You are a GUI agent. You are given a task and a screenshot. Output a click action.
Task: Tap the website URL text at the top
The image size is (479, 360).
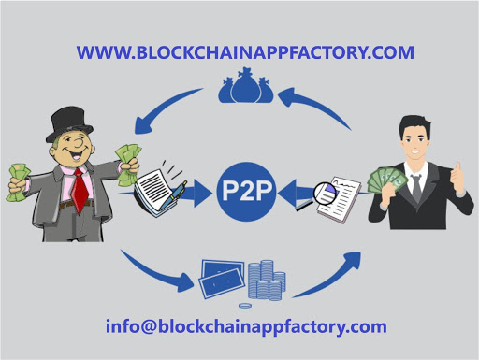[245, 52]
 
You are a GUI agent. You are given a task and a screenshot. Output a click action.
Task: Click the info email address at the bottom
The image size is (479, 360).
[245, 326]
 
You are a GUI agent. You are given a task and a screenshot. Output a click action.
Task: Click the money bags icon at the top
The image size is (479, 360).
[240, 90]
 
